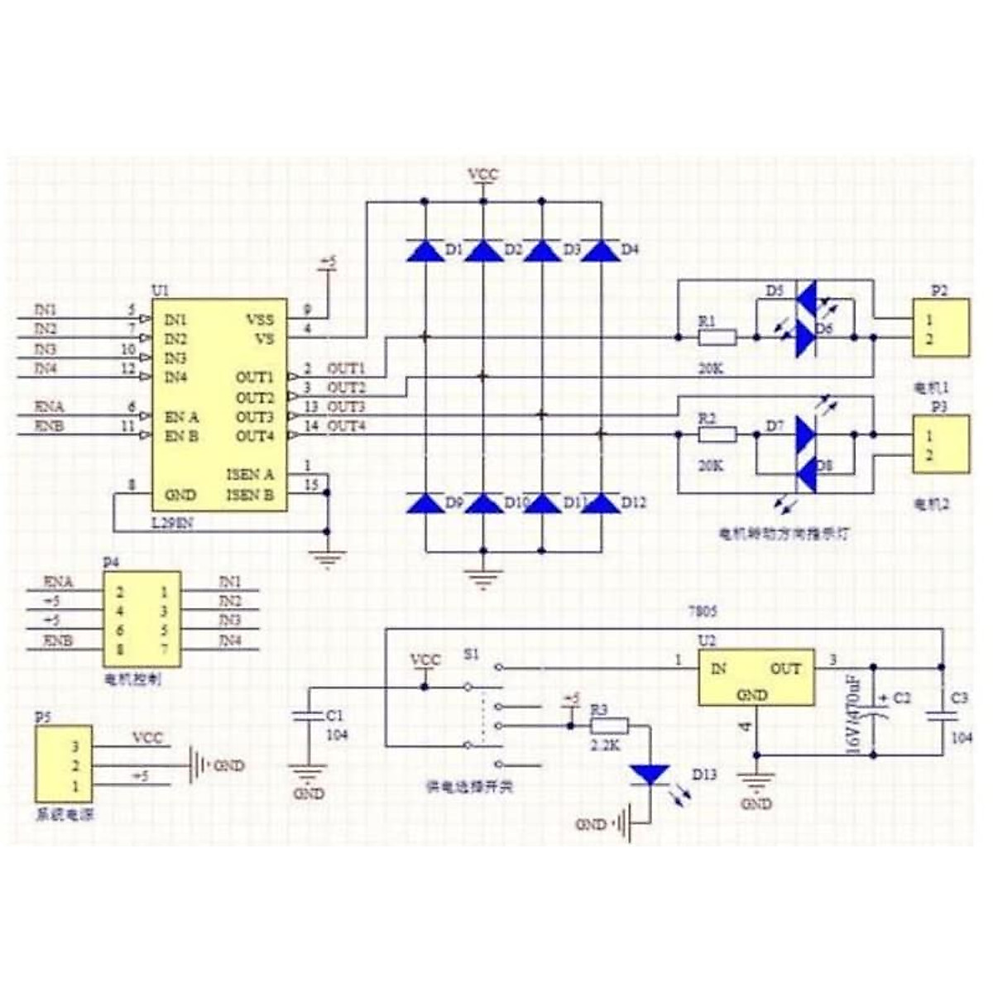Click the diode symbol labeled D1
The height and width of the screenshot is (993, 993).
[425, 250]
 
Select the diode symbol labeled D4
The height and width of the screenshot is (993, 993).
[601, 250]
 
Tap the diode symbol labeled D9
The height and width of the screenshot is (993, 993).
[425, 502]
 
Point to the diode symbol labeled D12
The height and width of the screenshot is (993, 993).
[601, 502]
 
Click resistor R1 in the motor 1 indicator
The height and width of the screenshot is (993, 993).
[717, 337]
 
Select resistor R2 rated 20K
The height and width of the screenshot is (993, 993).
[717, 434]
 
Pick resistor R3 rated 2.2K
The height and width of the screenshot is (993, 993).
[609, 726]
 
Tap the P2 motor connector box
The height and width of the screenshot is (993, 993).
[941, 329]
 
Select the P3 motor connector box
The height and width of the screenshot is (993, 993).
[941, 444]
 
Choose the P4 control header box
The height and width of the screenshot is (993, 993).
[142, 619]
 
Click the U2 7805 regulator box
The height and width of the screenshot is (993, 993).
[756, 677]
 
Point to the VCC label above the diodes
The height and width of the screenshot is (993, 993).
[483, 175]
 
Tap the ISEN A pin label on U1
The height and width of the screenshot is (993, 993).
[250, 475]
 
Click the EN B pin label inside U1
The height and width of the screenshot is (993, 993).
[181, 436]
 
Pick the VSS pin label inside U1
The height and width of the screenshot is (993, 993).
[260, 319]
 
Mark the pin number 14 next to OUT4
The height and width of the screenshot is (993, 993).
[310, 426]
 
